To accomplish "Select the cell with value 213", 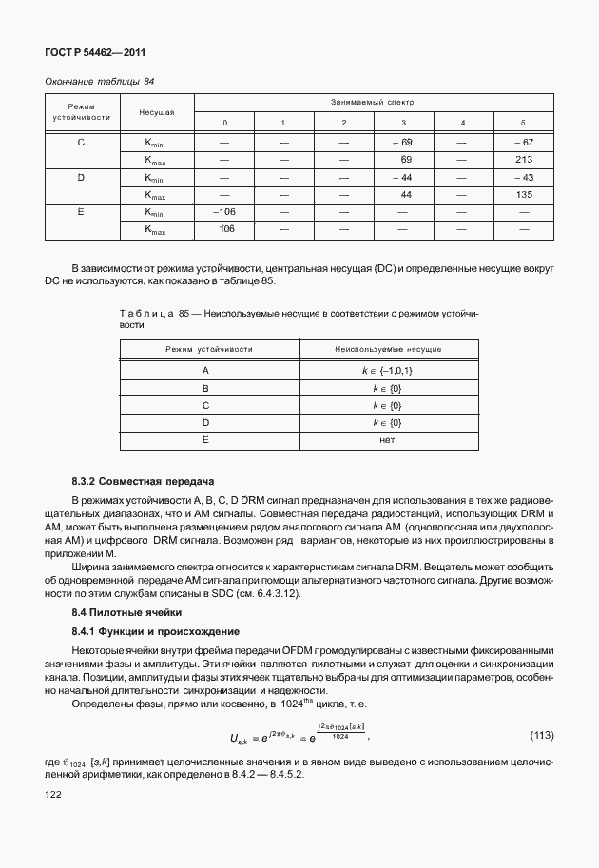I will point(522,159).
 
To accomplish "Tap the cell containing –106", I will point(225,211).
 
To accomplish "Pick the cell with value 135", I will point(522,194).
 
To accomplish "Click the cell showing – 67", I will point(522,142).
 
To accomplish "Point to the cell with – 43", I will point(522,177).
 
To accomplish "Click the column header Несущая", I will point(156,112).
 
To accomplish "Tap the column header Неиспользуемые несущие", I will point(387,350).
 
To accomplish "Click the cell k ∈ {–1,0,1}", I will point(387,370).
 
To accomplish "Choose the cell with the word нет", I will point(387,439).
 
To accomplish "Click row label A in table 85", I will point(204,370).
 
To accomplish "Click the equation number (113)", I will point(542,736).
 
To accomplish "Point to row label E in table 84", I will point(81,211).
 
